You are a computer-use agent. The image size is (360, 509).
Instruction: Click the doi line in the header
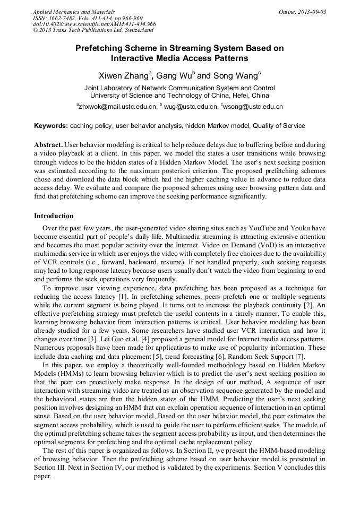[95, 24]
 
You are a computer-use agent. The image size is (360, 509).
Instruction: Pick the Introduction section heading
[54, 216]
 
